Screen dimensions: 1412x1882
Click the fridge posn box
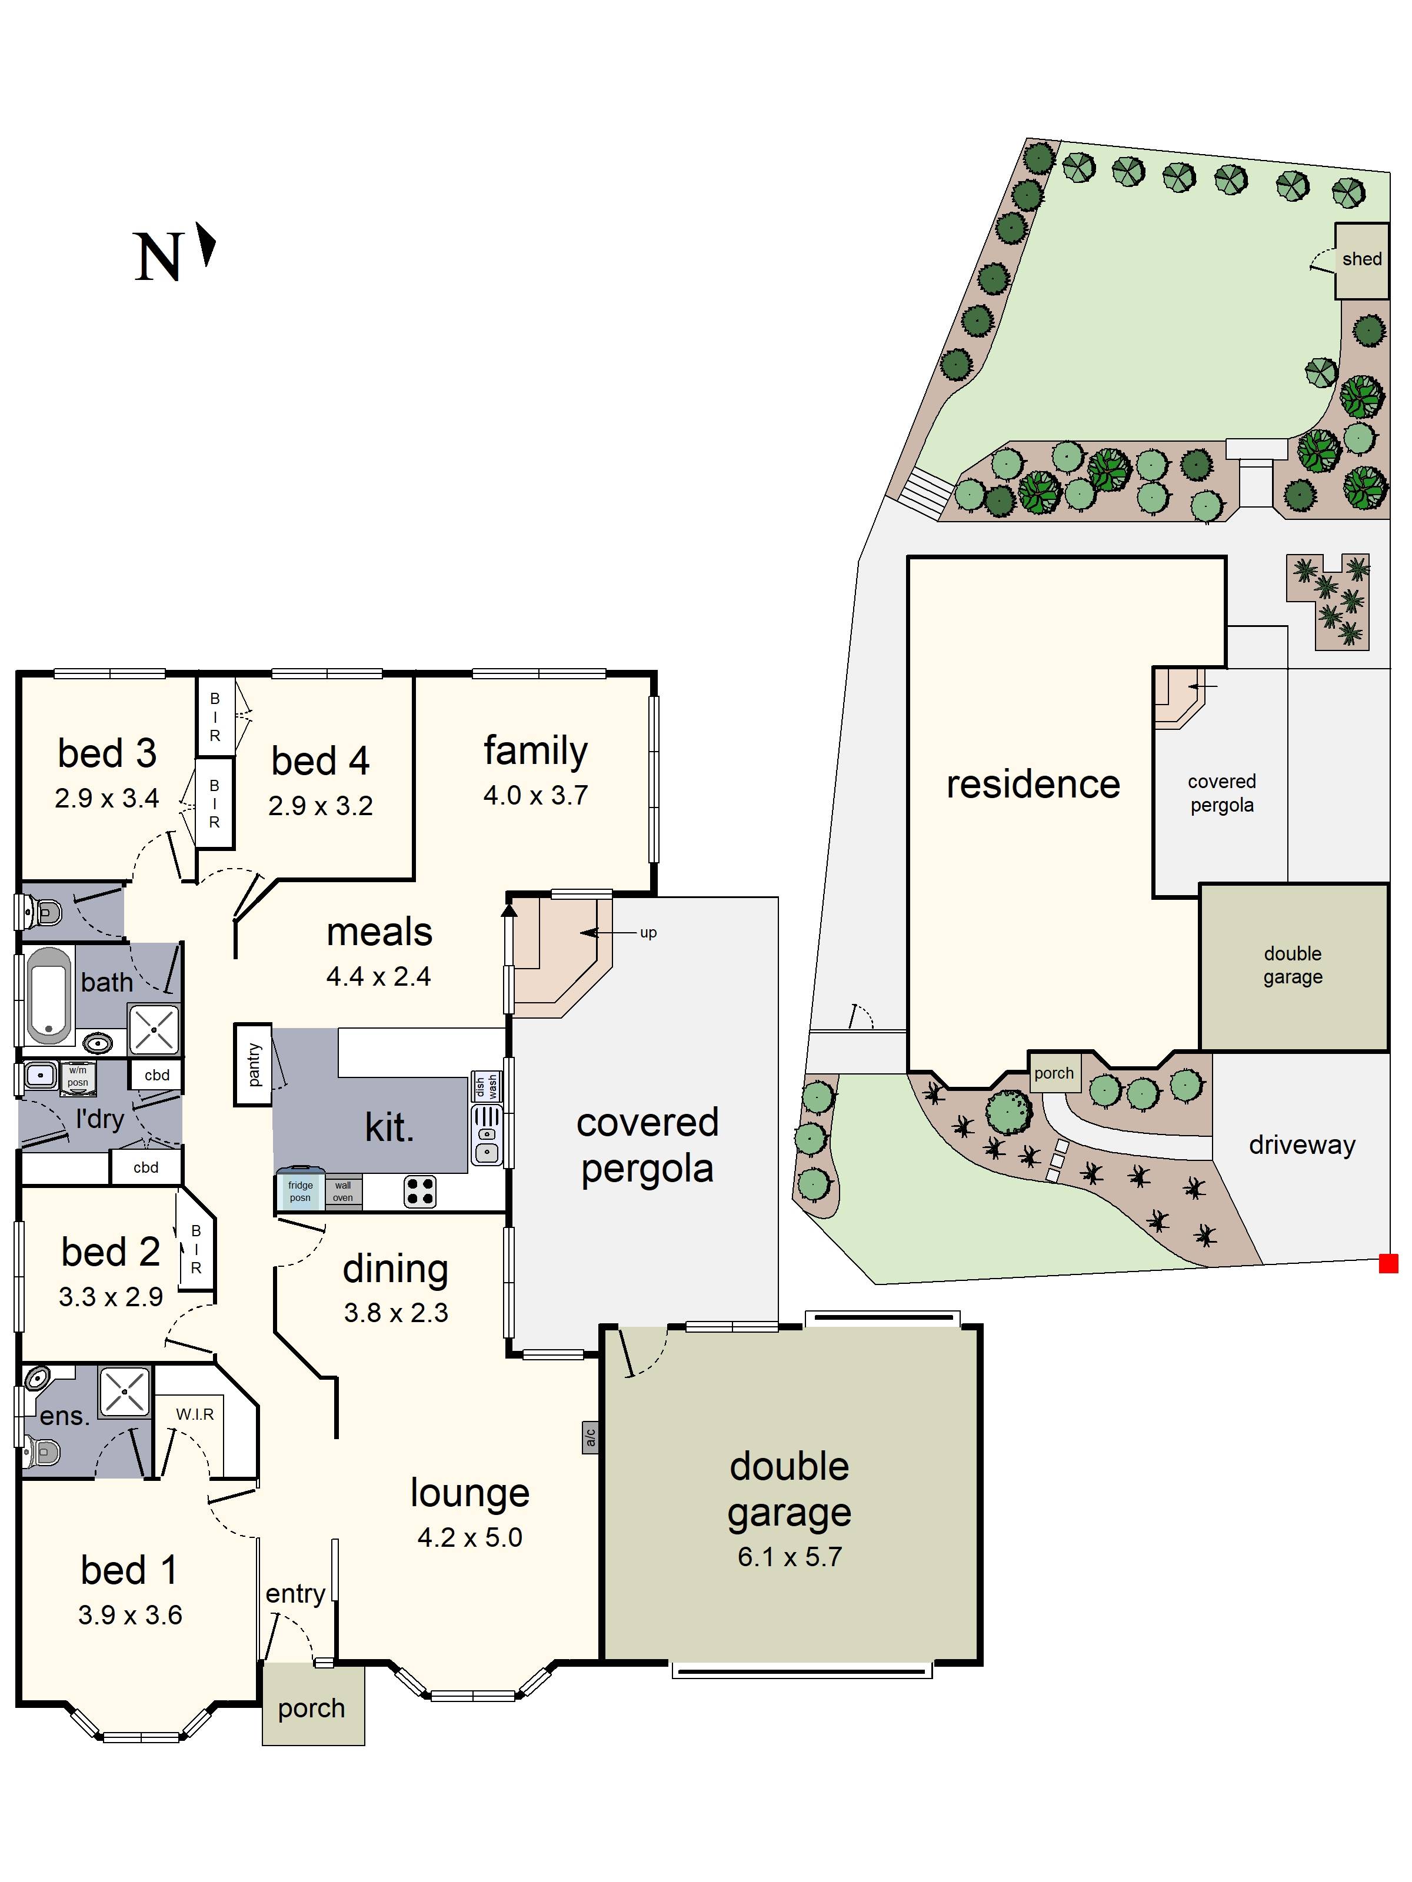coord(299,1190)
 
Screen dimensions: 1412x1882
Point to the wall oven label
coord(342,1191)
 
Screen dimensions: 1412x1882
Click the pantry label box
coord(253,1065)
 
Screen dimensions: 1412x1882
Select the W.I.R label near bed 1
coord(195,1414)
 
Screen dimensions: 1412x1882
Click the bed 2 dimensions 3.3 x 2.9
coord(111,1297)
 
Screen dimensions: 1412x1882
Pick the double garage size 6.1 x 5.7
coord(790,1557)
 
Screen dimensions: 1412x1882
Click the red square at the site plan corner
coord(1388,1263)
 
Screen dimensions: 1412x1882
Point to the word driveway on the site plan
coord(1301,1145)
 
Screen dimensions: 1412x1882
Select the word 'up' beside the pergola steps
coord(648,933)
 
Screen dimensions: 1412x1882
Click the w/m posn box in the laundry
coord(78,1076)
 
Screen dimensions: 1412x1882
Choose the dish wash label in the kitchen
coord(485,1086)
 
